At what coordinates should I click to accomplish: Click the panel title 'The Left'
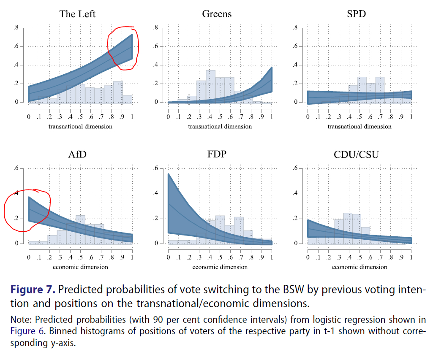pyautogui.click(x=77, y=14)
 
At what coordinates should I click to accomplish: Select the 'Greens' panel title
pyautogui.click(x=217, y=14)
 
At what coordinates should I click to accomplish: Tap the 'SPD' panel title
pyautogui.click(x=356, y=14)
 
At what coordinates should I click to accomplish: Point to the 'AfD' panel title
pyautogui.click(x=77, y=154)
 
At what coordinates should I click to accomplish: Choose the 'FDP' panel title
pyautogui.click(x=217, y=154)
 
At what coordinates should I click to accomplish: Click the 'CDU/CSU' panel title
pyautogui.click(x=356, y=154)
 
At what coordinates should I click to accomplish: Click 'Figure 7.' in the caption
pyautogui.click(x=33, y=290)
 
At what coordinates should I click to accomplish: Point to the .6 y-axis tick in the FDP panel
pyautogui.click(x=155, y=168)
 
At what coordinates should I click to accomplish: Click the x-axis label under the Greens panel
pyautogui.click(x=220, y=126)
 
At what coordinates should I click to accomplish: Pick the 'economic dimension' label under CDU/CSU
pyautogui.click(x=359, y=267)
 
